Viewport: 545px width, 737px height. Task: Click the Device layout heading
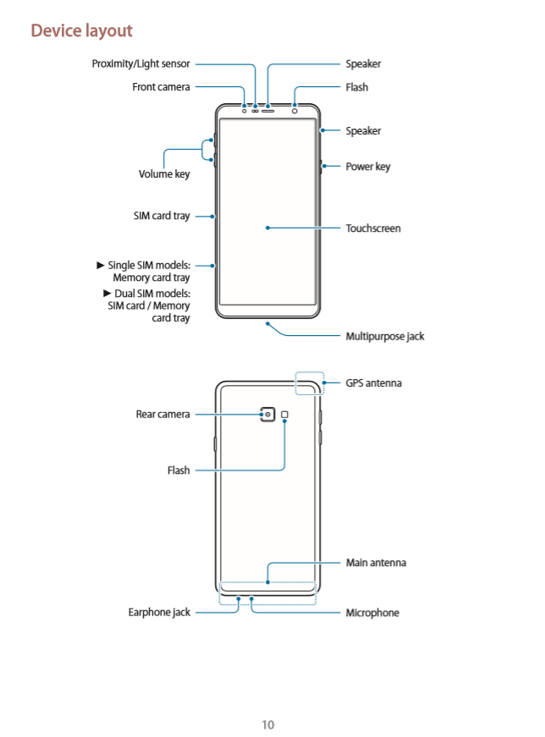(81, 30)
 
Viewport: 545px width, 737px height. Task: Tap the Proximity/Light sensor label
(140, 63)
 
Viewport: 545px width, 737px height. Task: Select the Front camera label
(161, 86)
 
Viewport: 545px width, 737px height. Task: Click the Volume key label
(164, 174)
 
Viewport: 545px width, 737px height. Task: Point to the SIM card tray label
(162, 216)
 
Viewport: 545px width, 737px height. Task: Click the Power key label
(367, 167)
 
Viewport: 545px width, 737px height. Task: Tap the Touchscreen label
(372, 228)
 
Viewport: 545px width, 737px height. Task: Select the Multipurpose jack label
(384, 336)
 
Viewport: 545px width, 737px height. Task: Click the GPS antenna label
(373, 383)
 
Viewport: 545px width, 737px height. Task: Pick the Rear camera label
(162, 414)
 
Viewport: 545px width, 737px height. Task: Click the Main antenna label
(376, 563)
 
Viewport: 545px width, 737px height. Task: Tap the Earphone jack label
(159, 612)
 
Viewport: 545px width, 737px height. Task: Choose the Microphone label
(372, 613)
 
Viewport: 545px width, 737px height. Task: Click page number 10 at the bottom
(267, 724)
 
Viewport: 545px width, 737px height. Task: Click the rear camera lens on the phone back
(268, 415)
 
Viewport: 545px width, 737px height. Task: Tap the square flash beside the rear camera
(285, 415)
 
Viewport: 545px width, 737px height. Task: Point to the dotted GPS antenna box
(310, 383)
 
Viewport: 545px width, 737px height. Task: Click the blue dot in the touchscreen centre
(267, 228)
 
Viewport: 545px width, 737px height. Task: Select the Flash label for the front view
(356, 87)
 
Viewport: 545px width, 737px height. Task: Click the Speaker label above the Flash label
(363, 63)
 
